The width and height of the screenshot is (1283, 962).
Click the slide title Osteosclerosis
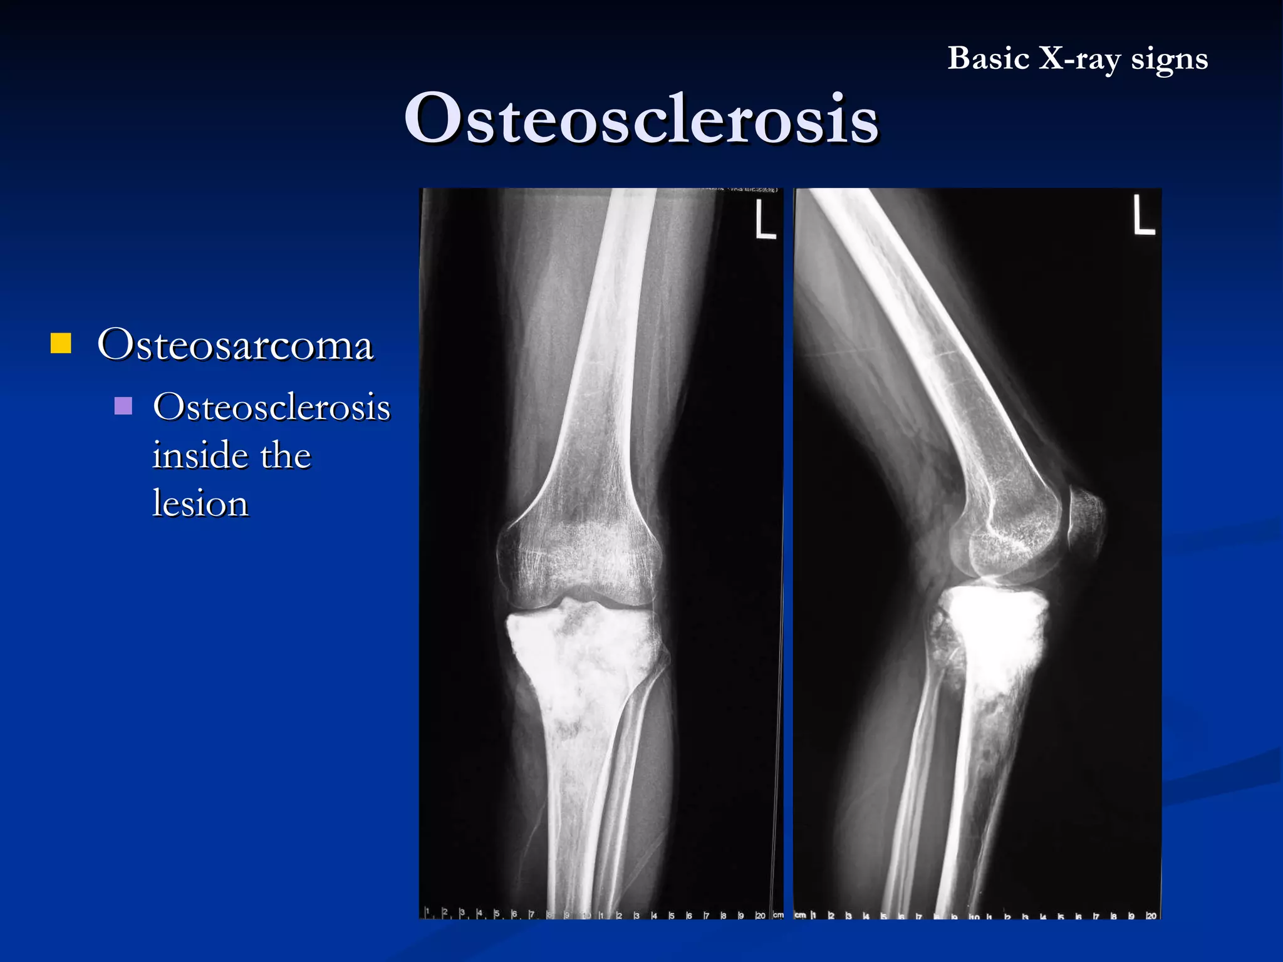pos(641,118)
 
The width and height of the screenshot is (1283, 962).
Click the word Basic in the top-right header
pos(988,59)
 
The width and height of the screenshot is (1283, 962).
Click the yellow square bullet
pos(61,344)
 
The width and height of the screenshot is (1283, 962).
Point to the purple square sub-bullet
pos(123,406)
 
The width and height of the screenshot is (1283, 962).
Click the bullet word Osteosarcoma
pos(235,344)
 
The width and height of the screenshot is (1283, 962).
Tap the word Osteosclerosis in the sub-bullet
pos(271,407)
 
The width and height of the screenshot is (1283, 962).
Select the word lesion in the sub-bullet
pos(200,504)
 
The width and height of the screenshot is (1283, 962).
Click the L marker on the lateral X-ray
pos(1143,216)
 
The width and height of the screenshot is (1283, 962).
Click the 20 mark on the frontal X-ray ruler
pos(760,916)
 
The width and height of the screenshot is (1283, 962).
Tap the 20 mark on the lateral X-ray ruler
pos(1151,916)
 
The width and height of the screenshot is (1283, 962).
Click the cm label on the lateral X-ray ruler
pos(800,915)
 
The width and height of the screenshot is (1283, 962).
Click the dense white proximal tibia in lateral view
pos(996,633)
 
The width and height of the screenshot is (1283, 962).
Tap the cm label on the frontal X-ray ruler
pos(777,915)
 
